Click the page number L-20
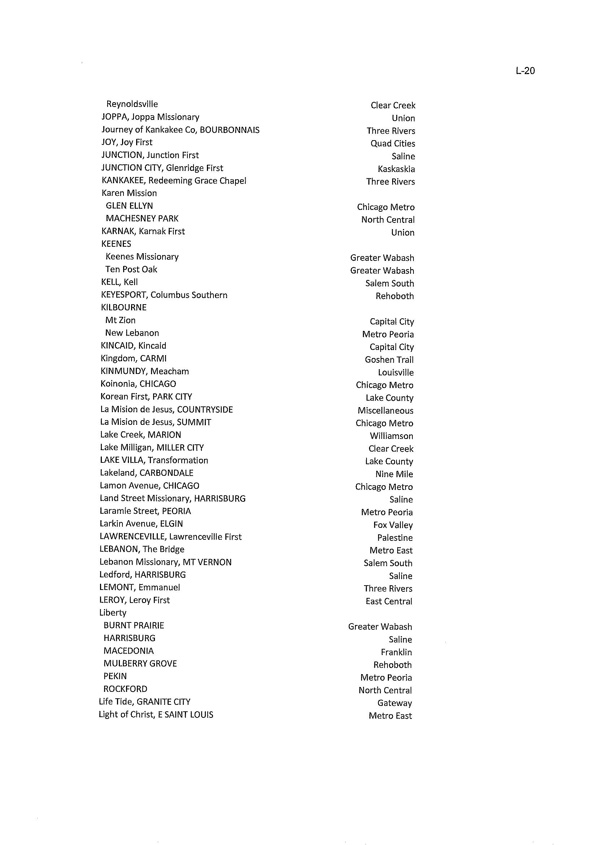pyautogui.click(x=525, y=71)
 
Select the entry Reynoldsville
pyautogui.click(x=132, y=104)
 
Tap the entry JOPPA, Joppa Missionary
pyautogui.click(x=150, y=117)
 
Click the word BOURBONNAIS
pyautogui.click(x=229, y=130)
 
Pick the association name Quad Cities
pyautogui.click(x=393, y=144)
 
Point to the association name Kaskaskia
pyautogui.click(x=396, y=169)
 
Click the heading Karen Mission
pyautogui.click(x=129, y=193)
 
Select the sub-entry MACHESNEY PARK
pyautogui.click(x=142, y=219)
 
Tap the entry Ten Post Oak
pyautogui.click(x=131, y=269)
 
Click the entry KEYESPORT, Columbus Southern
pyautogui.click(x=164, y=295)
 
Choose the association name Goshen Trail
pyautogui.click(x=389, y=360)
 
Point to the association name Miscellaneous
pyautogui.click(x=385, y=411)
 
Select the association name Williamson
pyautogui.click(x=391, y=436)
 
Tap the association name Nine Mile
pyautogui.click(x=394, y=474)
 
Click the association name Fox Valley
pyautogui.click(x=393, y=525)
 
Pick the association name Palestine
pyautogui.click(x=395, y=538)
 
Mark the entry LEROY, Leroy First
pyautogui.click(x=134, y=600)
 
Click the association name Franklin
pyautogui.click(x=396, y=652)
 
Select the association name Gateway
pyautogui.click(x=394, y=703)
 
